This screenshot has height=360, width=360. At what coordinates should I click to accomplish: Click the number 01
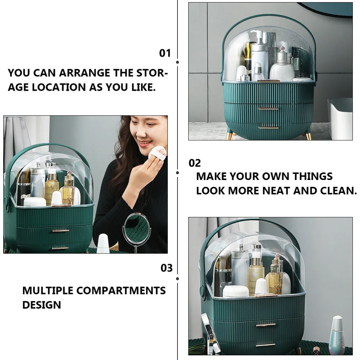165,53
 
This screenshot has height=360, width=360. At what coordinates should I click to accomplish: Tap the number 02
195,163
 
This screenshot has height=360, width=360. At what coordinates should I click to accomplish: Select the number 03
167,268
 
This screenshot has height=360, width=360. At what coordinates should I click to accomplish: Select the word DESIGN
42,305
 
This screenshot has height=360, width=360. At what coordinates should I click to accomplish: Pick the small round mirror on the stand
136,228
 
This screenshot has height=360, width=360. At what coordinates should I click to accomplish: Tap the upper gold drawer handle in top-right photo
269,108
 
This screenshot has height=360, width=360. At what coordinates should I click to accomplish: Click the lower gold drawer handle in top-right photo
269,127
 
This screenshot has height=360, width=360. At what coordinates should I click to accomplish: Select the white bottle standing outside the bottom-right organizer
337,335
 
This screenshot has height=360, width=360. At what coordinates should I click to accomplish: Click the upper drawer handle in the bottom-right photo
266,325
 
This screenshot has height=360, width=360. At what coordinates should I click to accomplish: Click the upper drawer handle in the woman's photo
60,231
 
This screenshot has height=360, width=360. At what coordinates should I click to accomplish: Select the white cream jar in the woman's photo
35,202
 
